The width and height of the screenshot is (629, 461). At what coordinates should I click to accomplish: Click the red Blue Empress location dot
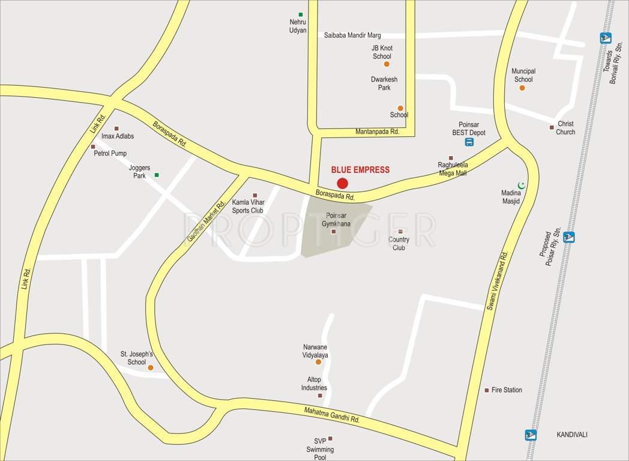pos(342,183)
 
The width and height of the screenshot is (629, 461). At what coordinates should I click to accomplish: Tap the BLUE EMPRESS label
pos(360,170)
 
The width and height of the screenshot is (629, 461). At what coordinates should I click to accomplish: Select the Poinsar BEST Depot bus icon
pos(469,142)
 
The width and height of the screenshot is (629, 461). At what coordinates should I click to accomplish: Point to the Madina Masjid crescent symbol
pos(522,185)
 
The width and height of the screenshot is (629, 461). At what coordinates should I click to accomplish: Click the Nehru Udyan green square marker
pos(301,14)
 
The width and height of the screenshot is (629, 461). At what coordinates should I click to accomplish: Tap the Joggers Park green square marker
pos(157,175)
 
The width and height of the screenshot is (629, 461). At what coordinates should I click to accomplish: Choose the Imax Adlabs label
pos(118,136)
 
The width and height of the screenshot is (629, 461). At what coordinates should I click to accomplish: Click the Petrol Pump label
pos(110,153)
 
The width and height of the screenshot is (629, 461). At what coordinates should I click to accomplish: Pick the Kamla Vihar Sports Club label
pos(248,206)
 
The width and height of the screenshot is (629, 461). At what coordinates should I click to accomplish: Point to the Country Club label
pos(399,243)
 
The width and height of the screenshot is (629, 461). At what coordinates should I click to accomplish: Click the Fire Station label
pos(507,390)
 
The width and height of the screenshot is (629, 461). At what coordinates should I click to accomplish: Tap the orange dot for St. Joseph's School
pos(151,367)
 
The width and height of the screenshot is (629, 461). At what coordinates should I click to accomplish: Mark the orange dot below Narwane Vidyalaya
pos(318,361)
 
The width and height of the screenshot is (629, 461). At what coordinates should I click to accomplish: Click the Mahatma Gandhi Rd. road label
pos(331,415)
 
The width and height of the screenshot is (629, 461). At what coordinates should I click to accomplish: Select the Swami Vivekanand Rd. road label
pos(497,281)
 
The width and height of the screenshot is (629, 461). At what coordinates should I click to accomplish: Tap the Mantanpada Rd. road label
pos(377,131)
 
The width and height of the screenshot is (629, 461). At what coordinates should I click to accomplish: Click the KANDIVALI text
pos(571,435)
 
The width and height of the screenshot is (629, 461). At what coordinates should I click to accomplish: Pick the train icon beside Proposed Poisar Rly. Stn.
pos(569,237)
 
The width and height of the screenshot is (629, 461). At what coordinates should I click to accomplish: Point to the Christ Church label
pos(565,128)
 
